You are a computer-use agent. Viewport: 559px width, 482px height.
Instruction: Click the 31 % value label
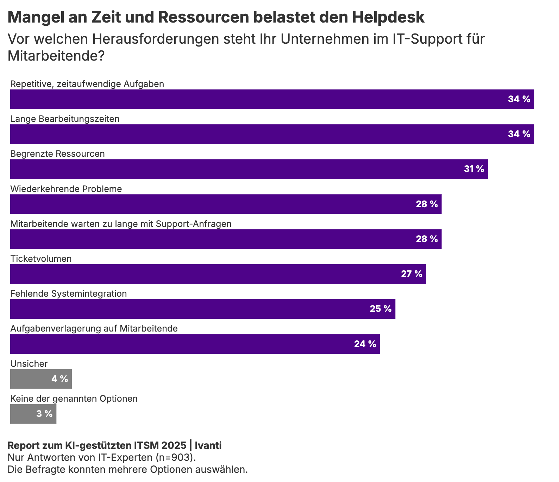(x=474, y=169)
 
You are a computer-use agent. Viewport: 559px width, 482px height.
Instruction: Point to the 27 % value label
(x=412, y=274)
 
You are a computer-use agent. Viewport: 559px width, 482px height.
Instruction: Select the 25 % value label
(x=381, y=309)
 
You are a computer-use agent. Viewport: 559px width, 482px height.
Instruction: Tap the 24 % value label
(x=365, y=344)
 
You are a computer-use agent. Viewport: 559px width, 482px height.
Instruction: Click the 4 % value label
(x=59, y=379)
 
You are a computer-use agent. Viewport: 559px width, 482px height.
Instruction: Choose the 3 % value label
(x=44, y=414)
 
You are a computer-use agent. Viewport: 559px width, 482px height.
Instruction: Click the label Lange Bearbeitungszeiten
(x=65, y=119)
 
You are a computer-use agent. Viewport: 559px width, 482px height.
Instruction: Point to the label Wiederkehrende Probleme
(x=66, y=189)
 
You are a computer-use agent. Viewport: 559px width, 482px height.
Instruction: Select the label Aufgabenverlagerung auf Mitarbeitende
(x=94, y=329)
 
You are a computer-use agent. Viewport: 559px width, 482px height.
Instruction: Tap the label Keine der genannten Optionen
(x=74, y=399)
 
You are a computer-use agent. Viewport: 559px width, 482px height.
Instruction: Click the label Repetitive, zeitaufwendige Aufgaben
(x=87, y=84)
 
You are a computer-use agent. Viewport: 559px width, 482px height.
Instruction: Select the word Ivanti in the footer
(x=208, y=446)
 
